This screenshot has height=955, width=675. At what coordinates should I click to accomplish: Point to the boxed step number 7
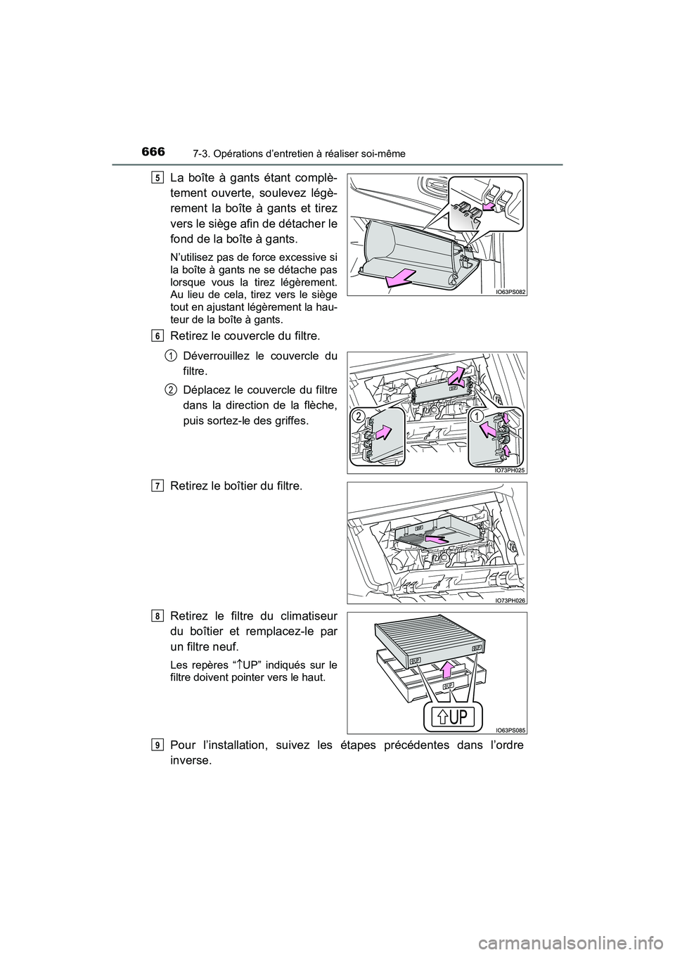[x=155, y=485]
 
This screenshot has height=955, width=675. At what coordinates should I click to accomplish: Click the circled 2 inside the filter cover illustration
[x=359, y=417]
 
